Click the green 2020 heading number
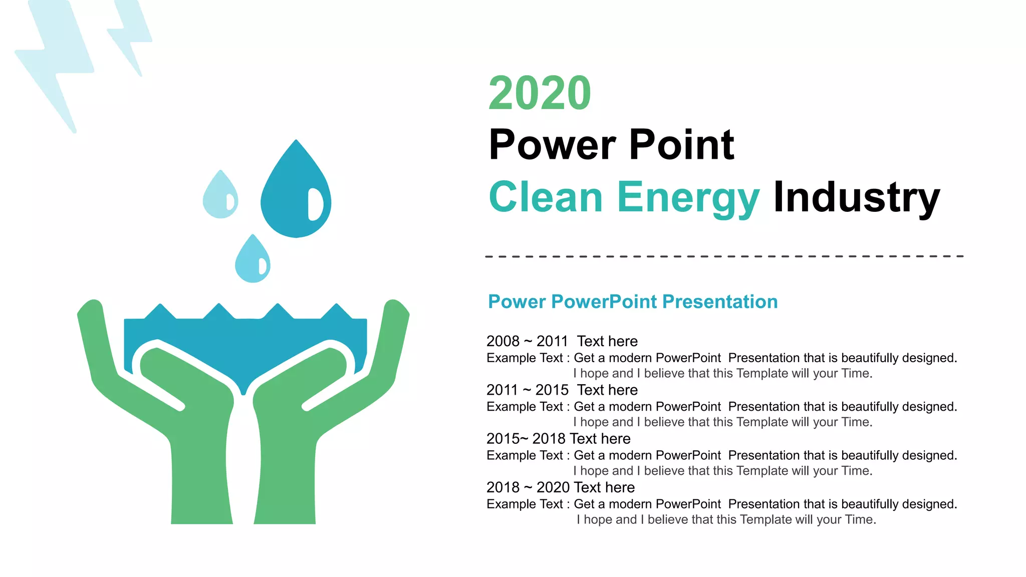click(540, 94)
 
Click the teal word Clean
click(546, 197)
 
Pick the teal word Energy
click(688, 198)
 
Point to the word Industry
click(856, 197)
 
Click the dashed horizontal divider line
click(724, 256)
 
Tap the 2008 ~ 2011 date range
click(527, 342)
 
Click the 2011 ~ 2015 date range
click(527, 390)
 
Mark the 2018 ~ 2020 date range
click(527, 487)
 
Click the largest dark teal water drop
click(288, 200)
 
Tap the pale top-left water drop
click(218, 198)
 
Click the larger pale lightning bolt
click(55, 60)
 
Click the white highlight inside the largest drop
click(315, 204)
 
